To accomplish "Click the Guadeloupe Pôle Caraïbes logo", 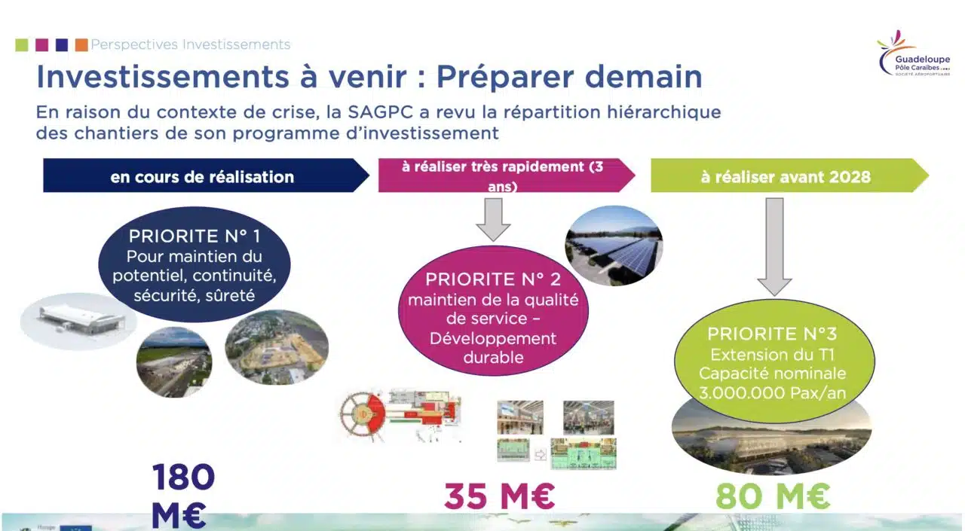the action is tap(913, 53).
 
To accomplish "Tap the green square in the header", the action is tap(22, 44).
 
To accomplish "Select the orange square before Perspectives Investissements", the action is tap(81, 44).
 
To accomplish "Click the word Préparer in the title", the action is tap(505, 77).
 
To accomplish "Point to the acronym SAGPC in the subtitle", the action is tap(381, 112).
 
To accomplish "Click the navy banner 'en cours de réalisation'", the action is tap(206, 175).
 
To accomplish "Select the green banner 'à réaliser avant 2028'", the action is tap(789, 175).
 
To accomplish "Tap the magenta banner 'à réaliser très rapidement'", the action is tap(507, 175).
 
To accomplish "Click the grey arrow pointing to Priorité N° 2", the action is tap(493, 219).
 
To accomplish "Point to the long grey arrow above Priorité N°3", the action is tap(774, 247).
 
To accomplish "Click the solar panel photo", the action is tap(614, 246).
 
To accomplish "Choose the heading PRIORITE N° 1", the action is tap(195, 236).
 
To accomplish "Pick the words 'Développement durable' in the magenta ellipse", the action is tap(493, 348).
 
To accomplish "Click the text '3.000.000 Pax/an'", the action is tap(773, 393).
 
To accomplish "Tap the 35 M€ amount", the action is tap(500, 496).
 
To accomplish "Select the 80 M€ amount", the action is tap(773, 496).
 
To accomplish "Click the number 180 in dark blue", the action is tap(183, 477).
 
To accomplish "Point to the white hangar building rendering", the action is tap(80, 319).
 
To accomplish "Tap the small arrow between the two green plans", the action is tap(541, 454).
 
